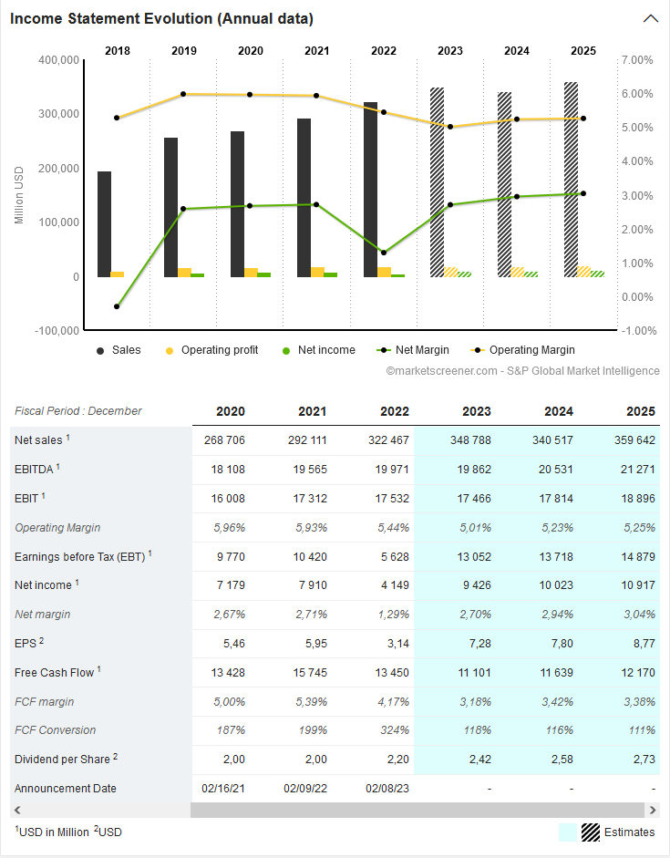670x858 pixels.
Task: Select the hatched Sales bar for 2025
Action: click(x=571, y=180)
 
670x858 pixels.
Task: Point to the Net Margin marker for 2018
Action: click(x=117, y=306)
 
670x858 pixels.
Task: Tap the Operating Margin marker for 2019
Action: click(x=183, y=94)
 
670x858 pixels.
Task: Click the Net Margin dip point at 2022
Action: click(x=383, y=253)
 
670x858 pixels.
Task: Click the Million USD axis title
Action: click(x=18, y=195)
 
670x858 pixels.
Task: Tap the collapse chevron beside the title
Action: click(x=650, y=18)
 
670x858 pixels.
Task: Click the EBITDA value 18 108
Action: click(x=225, y=470)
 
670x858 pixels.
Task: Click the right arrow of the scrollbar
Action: click(x=651, y=810)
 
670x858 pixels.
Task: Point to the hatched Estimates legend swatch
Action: click(x=591, y=832)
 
